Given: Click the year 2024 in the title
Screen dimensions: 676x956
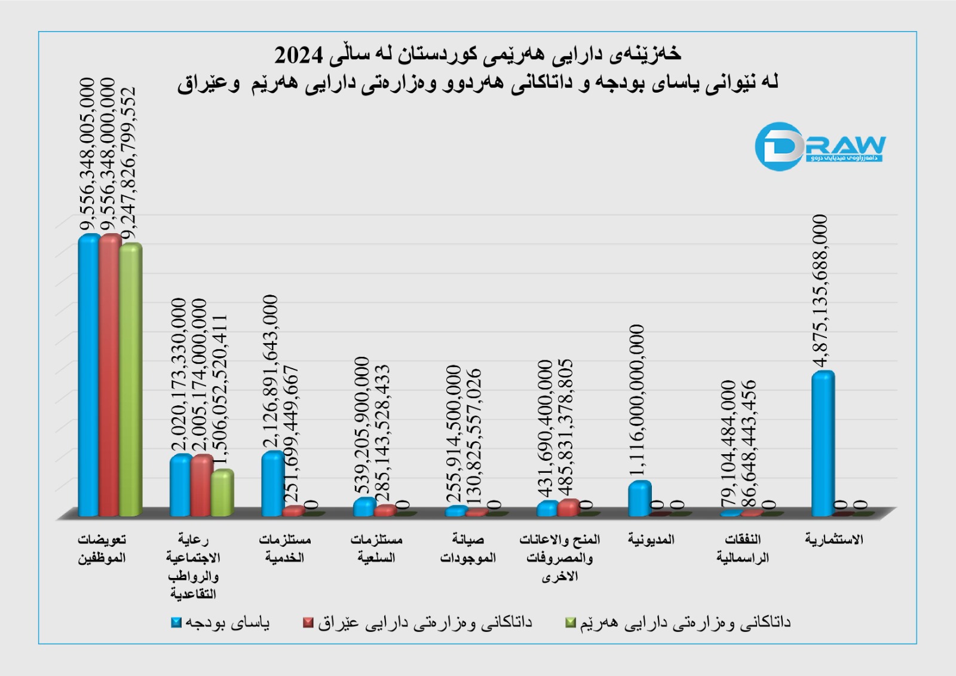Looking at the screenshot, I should click(x=298, y=55).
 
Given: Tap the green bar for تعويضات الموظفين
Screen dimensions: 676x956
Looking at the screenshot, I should click(x=130, y=380).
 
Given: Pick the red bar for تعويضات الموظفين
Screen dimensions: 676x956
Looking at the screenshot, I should click(x=110, y=375).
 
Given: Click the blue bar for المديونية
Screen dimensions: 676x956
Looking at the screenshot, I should click(x=639, y=498).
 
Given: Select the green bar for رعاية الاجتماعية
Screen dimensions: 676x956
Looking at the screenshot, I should click(x=222, y=493).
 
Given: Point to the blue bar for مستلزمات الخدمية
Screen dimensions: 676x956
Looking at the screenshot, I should click(x=272, y=484).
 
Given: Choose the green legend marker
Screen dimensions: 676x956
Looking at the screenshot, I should click(x=571, y=623).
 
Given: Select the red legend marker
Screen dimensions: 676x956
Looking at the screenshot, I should click(x=308, y=623).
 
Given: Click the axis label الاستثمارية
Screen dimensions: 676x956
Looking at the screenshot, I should click(x=834, y=540).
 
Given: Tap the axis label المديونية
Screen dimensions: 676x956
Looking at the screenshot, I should click(x=651, y=540).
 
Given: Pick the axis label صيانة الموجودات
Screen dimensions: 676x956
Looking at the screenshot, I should click(x=468, y=549).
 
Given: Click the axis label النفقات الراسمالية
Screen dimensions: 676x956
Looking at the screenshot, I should click(x=743, y=549).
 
